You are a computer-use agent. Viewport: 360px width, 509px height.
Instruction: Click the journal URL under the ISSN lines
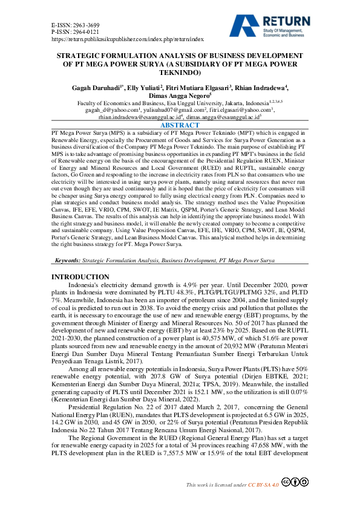click(127, 38)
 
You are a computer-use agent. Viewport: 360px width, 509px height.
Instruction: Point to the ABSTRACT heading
click(180, 125)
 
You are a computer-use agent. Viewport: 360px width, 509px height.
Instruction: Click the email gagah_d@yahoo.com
click(112, 110)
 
